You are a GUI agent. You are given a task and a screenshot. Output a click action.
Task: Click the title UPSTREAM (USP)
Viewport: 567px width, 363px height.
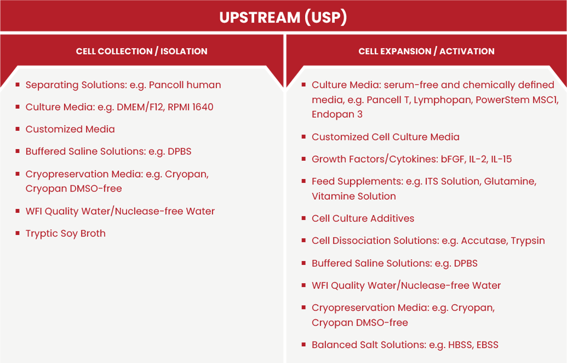click(283, 17)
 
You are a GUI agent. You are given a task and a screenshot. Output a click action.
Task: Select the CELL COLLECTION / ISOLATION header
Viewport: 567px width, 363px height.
click(142, 51)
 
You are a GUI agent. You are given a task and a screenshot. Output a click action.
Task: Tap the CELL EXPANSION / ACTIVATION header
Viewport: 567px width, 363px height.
click(426, 51)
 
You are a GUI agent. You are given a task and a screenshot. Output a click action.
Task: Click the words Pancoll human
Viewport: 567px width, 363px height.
click(185, 85)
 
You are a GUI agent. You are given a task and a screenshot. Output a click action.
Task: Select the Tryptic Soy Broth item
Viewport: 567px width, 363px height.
click(66, 234)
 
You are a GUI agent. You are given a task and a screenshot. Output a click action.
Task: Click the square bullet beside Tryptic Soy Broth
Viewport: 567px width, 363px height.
click(17, 233)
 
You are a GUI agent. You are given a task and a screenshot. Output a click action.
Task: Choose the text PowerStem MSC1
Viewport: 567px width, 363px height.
click(517, 100)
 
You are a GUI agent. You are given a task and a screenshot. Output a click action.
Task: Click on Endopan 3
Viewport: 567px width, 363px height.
click(337, 115)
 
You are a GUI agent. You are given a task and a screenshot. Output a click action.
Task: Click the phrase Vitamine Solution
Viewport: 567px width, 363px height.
click(354, 196)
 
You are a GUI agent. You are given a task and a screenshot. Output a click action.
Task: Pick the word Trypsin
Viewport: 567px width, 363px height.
click(528, 241)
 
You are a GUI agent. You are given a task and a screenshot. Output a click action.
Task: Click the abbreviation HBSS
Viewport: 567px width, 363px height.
click(459, 345)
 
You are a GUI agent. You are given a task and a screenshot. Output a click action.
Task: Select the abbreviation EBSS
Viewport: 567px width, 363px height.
click(487, 345)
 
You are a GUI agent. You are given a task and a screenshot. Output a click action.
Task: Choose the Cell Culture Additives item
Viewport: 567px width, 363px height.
click(363, 219)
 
